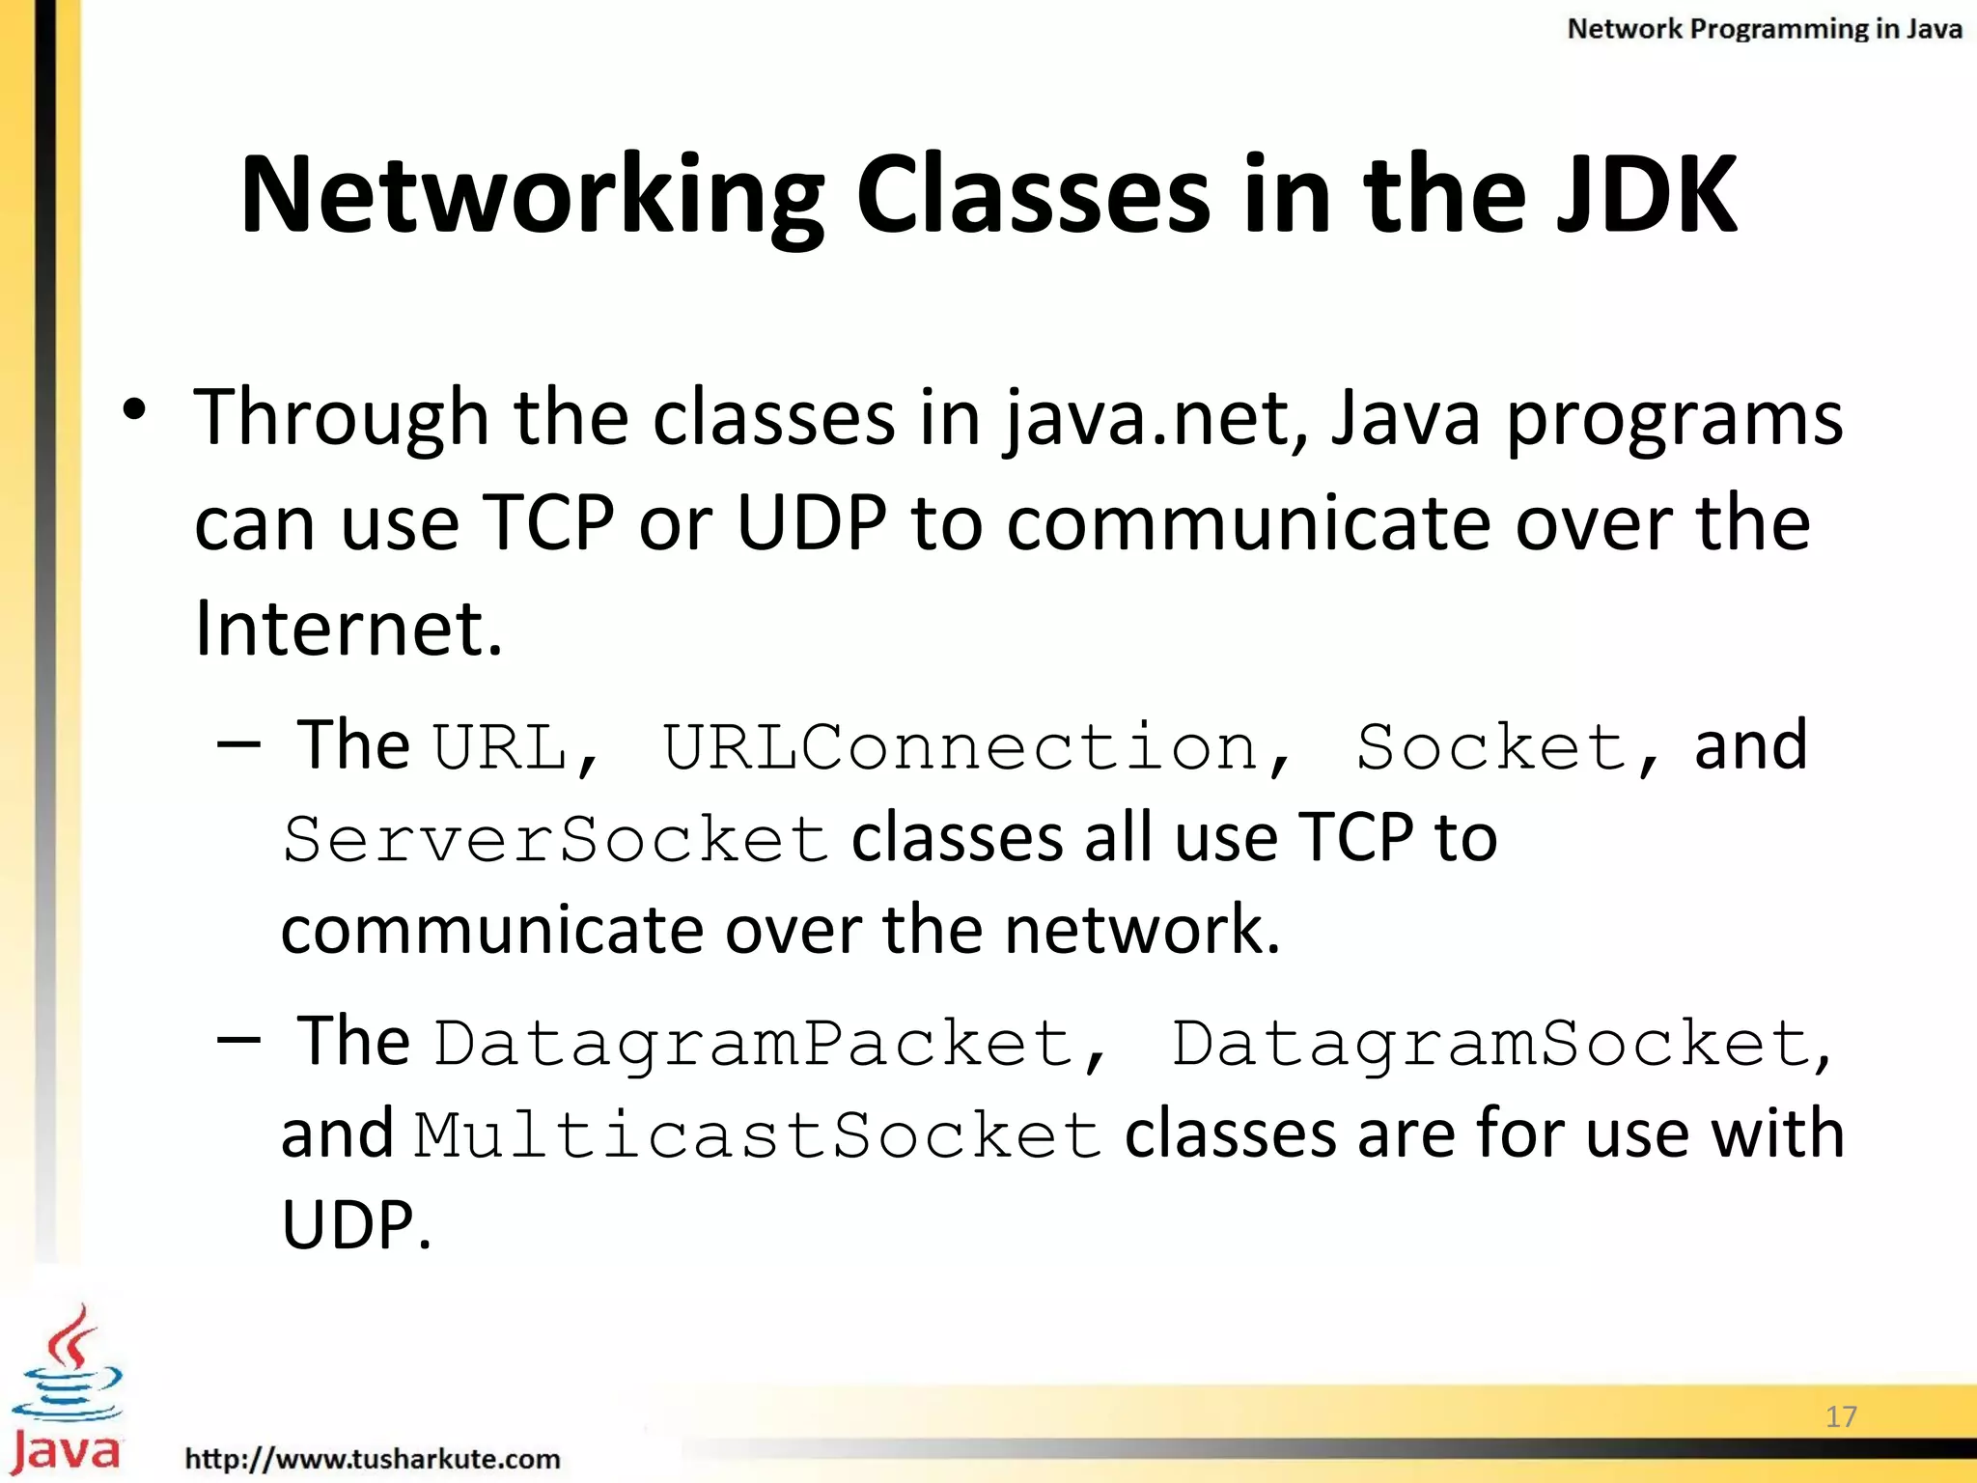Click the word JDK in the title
pos(1645,195)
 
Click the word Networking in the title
pos(532,195)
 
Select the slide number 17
pos(1841,1416)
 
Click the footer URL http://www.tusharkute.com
pos(373,1458)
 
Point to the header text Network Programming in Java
pos(1764,29)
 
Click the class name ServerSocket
pos(556,839)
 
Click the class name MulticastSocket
pos(759,1135)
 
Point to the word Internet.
pos(348,628)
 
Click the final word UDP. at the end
pos(355,1225)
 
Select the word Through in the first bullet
pos(341,419)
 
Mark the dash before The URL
pos(238,745)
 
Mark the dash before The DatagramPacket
pos(238,1040)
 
